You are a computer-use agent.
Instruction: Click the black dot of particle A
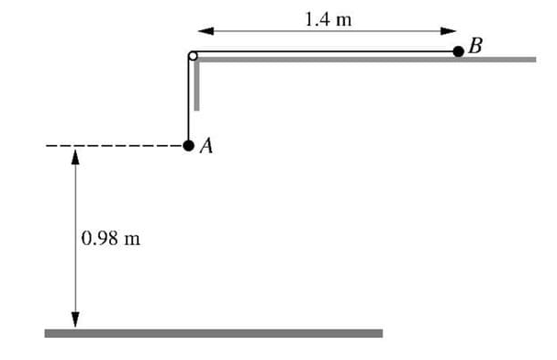pyautogui.click(x=188, y=145)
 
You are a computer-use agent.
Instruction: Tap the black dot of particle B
pyautogui.click(x=458, y=51)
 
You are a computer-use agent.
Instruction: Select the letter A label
pyautogui.click(x=206, y=146)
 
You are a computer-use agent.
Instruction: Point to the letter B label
pyautogui.click(x=474, y=44)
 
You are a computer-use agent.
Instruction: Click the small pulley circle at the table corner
pyautogui.click(x=193, y=56)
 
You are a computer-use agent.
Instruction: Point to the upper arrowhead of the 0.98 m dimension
pyautogui.click(x=75, y=157)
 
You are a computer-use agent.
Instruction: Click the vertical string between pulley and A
pyautogui.click(x=188, y=101)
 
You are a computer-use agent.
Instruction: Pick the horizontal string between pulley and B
pyautogui.click(x=321, y=51)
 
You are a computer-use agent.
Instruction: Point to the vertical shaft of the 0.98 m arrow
pyautogui.click(x=75, y=202)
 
